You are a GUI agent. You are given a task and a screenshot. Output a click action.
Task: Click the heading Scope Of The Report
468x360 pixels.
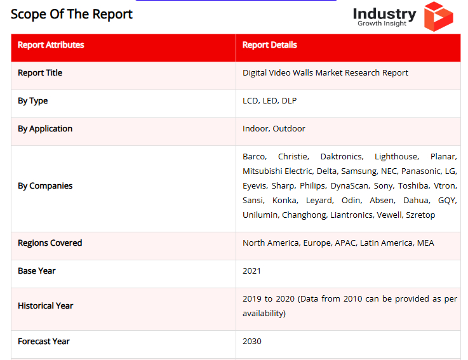72,14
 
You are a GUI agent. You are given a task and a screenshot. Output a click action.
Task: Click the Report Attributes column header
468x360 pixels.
51,45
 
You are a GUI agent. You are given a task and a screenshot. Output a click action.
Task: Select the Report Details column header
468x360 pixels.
269,45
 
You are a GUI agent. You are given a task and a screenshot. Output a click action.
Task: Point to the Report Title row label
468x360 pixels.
40,73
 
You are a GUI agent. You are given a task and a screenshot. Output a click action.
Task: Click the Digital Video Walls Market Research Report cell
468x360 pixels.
325,73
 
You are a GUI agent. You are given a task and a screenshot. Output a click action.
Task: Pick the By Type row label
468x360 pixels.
33,101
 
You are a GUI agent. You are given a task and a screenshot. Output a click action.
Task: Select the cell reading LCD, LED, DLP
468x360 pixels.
269,101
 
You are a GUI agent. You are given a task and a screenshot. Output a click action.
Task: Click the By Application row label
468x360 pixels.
45,129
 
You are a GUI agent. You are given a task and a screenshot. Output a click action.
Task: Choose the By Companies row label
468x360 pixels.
45,186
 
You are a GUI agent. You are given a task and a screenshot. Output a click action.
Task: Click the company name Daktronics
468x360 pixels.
342,157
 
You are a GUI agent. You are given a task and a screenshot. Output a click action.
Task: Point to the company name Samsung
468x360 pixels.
359,171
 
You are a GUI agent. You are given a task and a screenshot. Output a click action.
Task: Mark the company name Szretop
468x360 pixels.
420,215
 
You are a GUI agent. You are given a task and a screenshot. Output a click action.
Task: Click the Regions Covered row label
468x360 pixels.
50,243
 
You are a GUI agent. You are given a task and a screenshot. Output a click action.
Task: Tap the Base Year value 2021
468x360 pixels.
252,271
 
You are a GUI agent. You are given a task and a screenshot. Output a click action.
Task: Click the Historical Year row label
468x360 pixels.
46,306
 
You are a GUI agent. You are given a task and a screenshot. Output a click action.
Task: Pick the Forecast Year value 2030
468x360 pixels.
252,342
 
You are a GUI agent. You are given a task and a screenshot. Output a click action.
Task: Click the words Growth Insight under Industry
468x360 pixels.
382,24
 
